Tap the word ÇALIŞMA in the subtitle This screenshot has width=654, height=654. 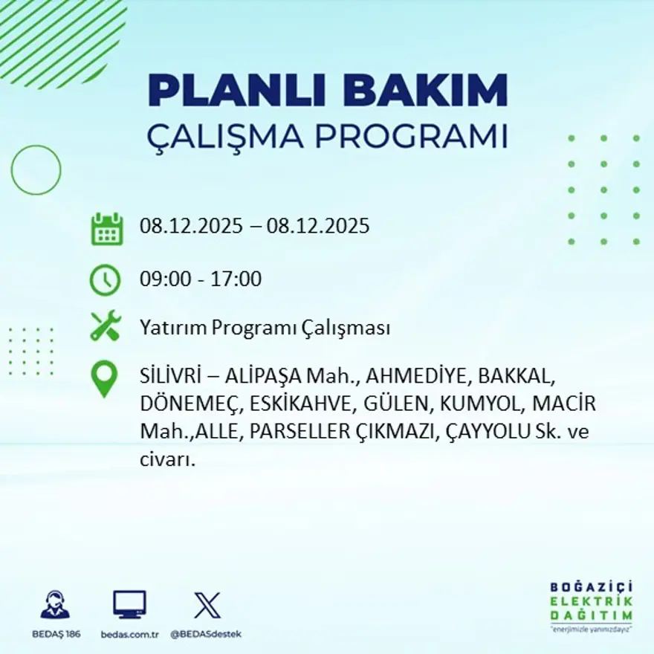tap(227, 137)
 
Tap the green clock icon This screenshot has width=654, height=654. tap(105, 280)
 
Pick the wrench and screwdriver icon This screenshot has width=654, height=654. tap(106, 326)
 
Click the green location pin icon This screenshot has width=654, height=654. tap(104, 379)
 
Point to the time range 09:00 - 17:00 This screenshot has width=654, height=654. tap(201, 279)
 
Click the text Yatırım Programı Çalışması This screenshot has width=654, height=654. tap(265, 328)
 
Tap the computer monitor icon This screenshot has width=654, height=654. tap(129, 605)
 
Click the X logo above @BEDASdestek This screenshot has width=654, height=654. tap(206, 605)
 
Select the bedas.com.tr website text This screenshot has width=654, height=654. tap(129, 634)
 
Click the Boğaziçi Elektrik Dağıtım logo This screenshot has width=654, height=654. tap(592, 605)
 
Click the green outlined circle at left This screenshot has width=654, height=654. tap(36, 170)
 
